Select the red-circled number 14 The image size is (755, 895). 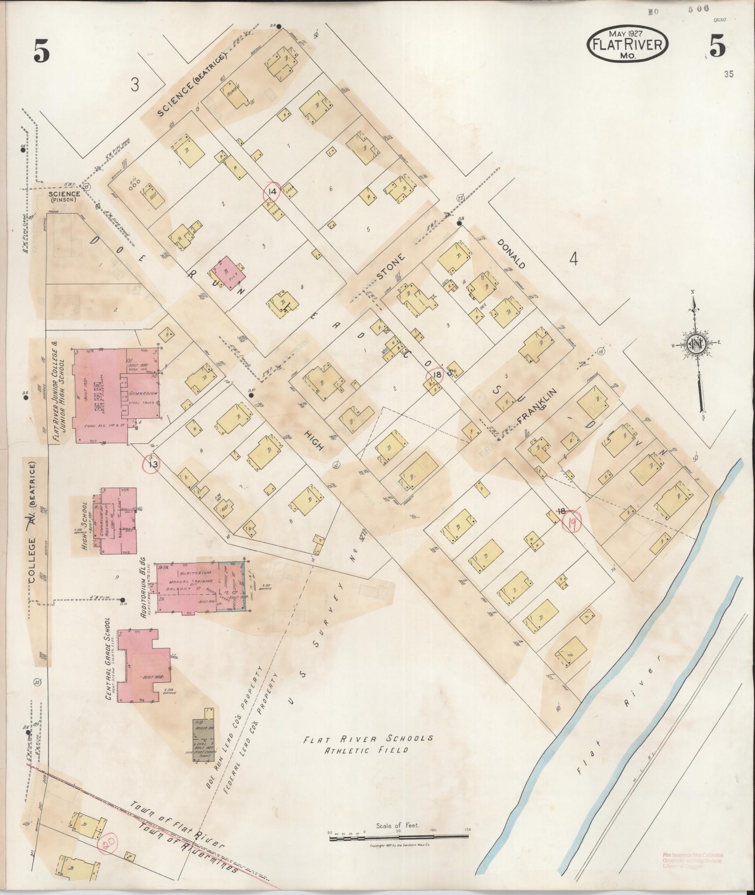tap(272, 191)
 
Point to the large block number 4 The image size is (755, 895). tap(573, 259)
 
